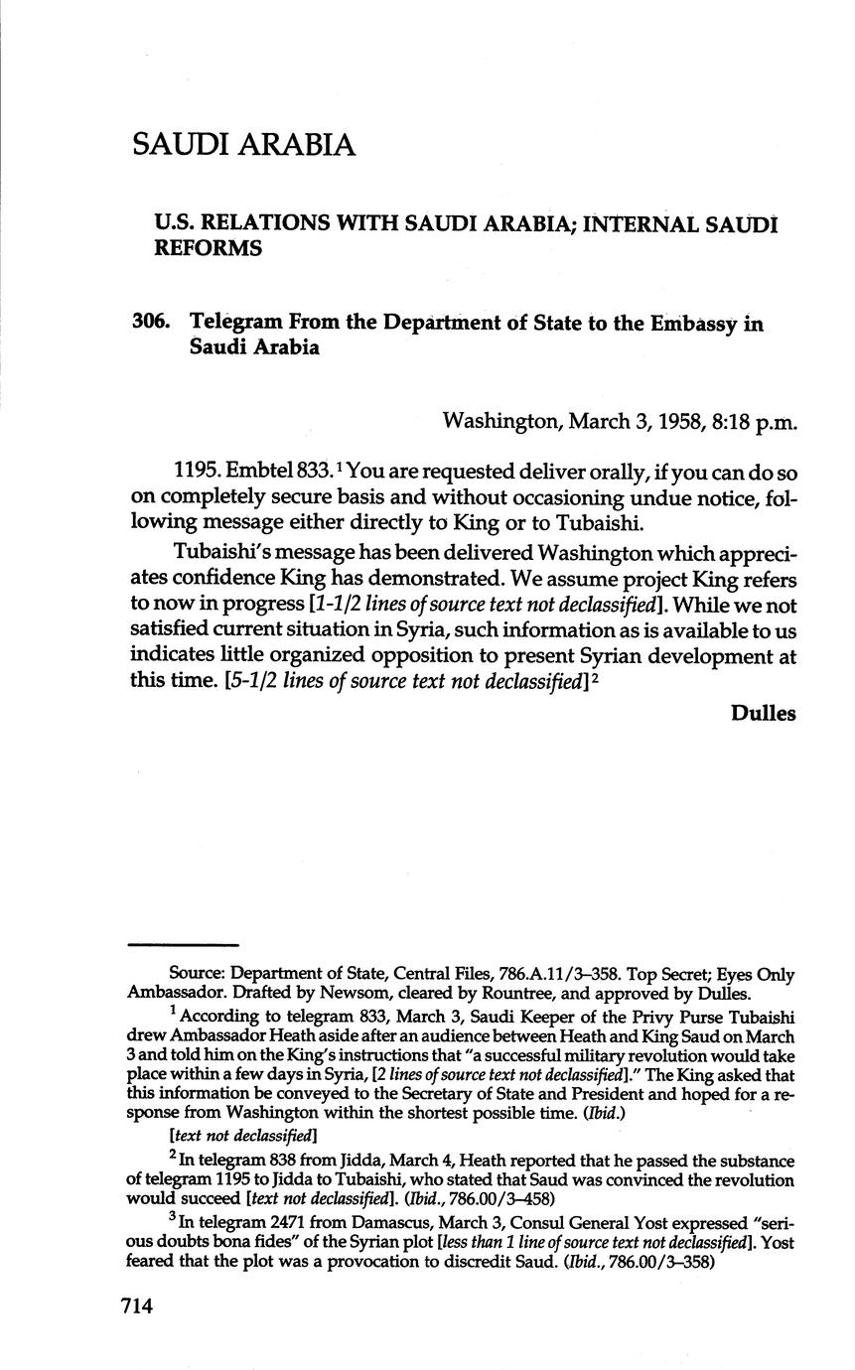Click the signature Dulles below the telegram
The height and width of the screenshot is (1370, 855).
[x=763, y=713]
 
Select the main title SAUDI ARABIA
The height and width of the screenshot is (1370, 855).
[x=242, y=145]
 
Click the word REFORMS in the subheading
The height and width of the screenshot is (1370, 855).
[x=208, y=248]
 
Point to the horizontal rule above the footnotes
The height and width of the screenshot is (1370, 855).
[x=184, y=944]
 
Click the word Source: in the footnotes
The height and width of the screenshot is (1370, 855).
[x=198, y=976]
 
